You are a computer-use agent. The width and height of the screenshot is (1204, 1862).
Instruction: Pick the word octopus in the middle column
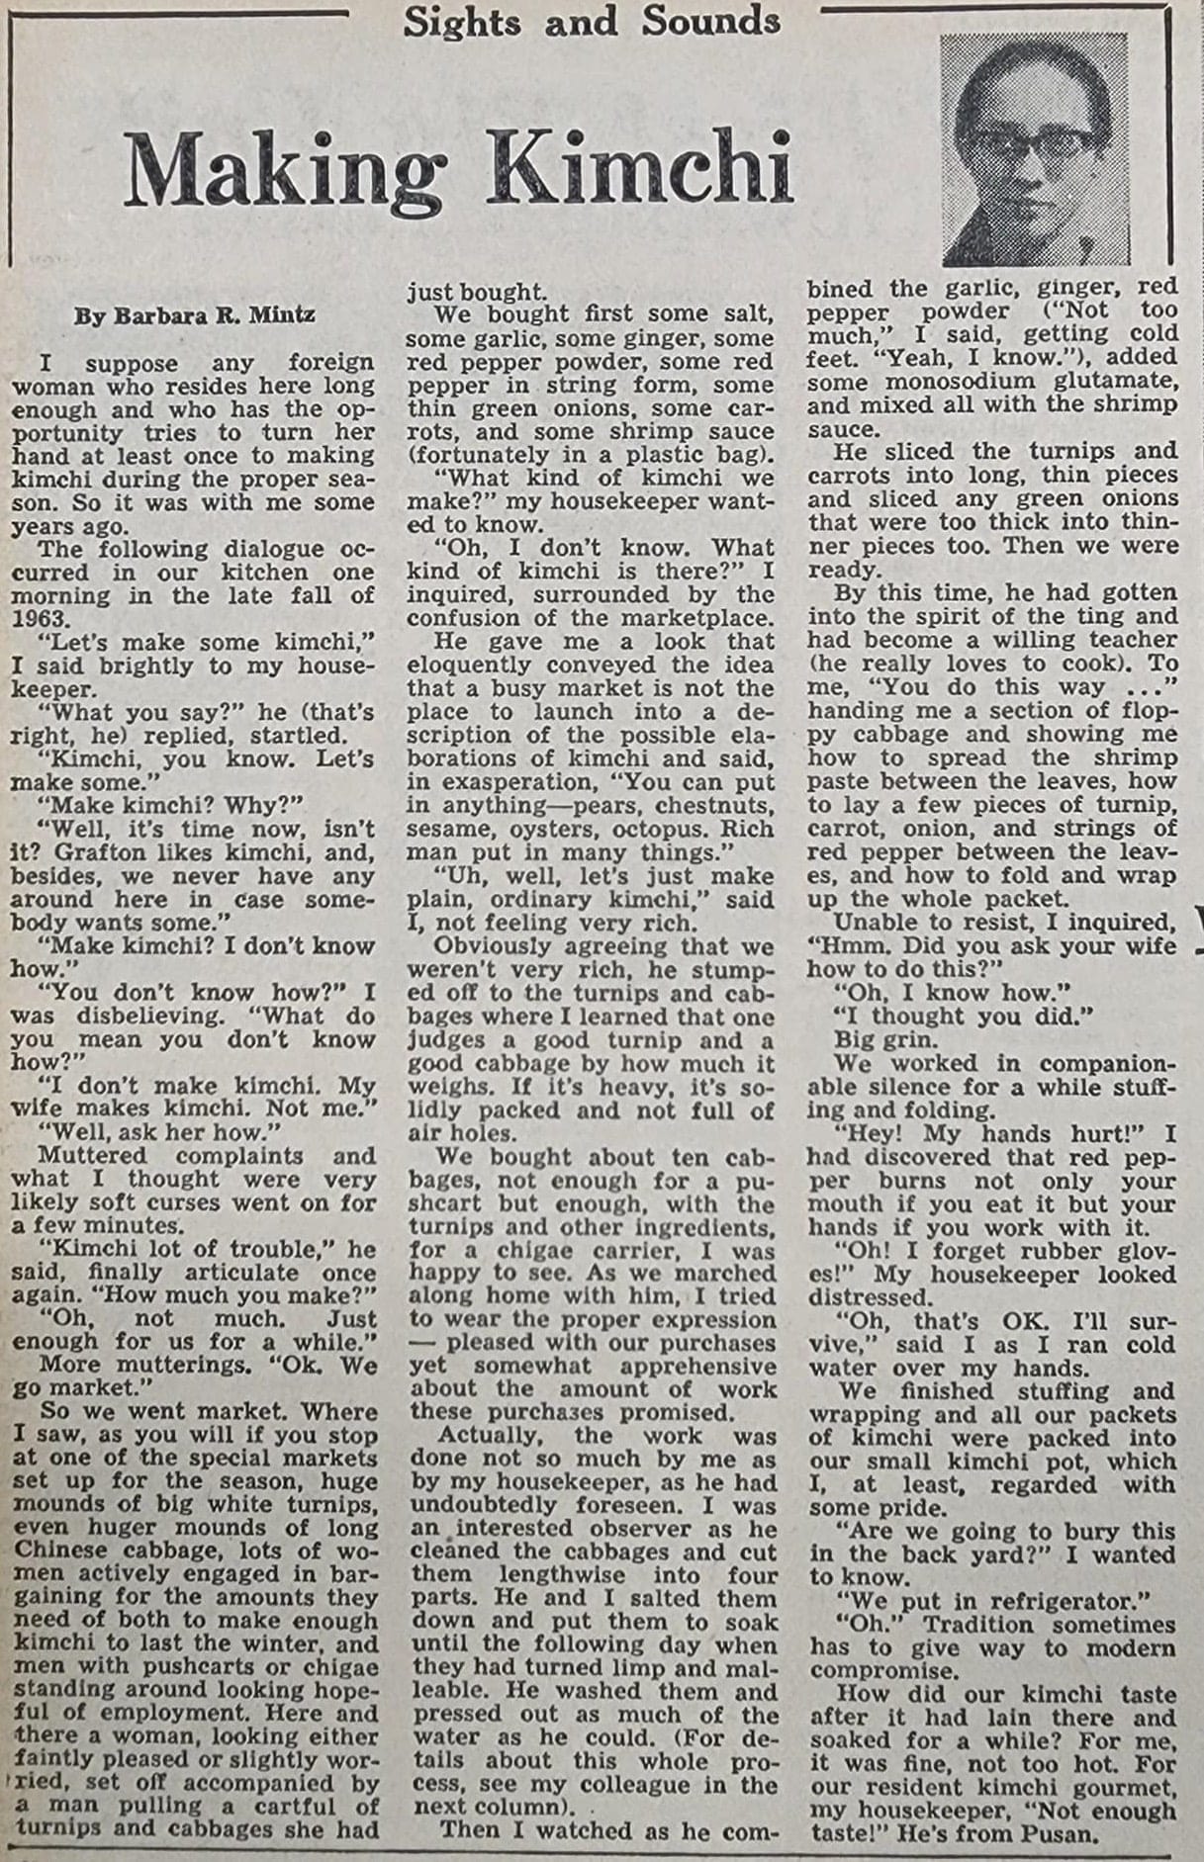pos(655,829)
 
